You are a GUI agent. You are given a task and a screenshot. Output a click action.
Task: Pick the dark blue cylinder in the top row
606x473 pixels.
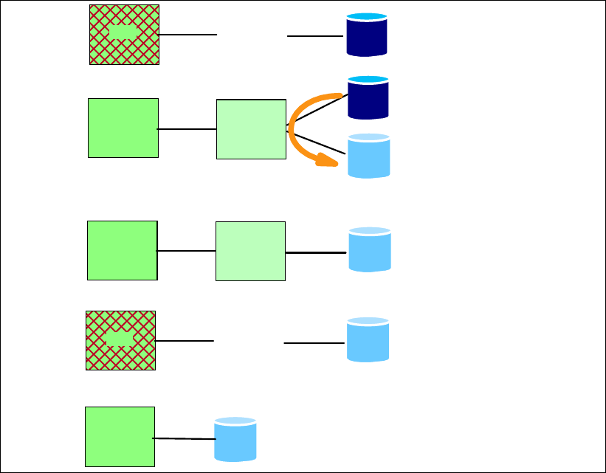pyautogui.click(x=367, y=34)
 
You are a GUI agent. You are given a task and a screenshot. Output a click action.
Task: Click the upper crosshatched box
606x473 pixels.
pyautogui.click(x=124, y=35)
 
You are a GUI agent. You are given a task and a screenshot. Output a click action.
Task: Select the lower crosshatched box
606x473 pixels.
pyautogui.click(x=120, y=340)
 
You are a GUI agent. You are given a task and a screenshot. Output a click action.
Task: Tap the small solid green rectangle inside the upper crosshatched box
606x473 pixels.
pyautogui.click(x=123, y=32)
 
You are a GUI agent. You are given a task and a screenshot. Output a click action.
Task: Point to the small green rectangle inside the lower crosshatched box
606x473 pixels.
pyautogui.click(x=120, y=339)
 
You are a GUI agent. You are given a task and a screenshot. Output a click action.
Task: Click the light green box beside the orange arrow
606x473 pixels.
pyautogui.click(x=251, y=129)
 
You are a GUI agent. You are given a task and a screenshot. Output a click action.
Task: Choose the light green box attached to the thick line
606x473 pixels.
pyautogui.click(x=250, y=251)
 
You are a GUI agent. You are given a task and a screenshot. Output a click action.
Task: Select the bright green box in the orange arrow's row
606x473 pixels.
pyautogui.click(x=123, y=128)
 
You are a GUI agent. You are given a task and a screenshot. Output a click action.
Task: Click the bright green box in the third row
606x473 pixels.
pyautogui.click(x=122, y=250)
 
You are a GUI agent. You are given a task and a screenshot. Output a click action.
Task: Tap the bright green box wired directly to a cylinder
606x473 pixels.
pyautogui.click(x=120, y=436)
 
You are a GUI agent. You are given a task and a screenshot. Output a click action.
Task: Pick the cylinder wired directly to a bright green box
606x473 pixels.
pyautogui.click(x=235, y=439)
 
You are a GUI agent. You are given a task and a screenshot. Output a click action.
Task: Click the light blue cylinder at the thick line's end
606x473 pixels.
pyautogui.click(x=369, y=249)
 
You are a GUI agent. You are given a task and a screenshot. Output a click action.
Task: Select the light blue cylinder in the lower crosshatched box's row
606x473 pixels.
pyautogui.click(x=368, y=339)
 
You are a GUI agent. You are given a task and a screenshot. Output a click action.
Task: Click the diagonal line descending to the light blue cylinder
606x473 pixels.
pyautogui.click(x=316, y=142)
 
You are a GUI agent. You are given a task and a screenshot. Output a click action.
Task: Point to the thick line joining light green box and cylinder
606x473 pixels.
pyautogui.click(x=316, y=252)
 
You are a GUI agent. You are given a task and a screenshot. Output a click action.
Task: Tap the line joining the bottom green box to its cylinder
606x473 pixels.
pyautogui.click(x=183, y=439)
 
